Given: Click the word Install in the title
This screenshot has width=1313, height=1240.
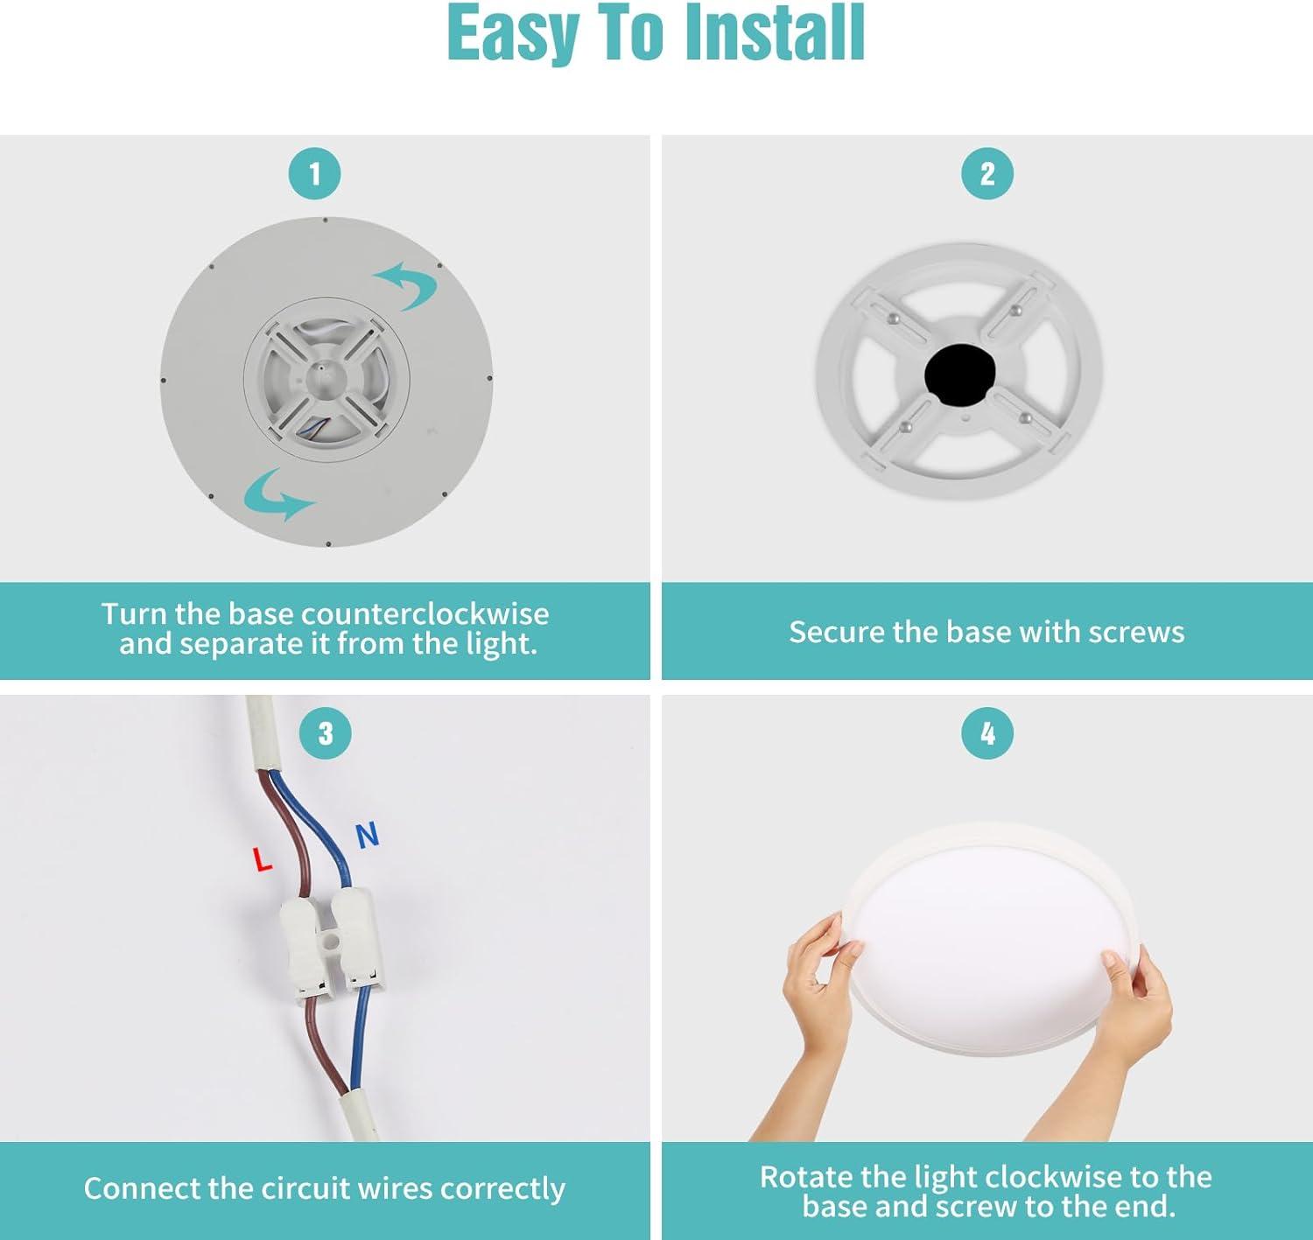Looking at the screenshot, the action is tap(775, 33).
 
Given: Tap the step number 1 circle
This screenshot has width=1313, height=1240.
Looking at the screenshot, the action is tap(315, 174).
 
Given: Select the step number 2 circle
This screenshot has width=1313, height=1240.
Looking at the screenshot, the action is tap(987, 174).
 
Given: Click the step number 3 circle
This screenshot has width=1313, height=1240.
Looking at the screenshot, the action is tap(326, 733).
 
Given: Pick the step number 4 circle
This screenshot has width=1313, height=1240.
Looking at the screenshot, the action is tap(987, 733).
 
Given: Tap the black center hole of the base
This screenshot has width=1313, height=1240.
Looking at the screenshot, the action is tap(958, 375).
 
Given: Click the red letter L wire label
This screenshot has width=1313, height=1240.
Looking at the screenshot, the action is tap(263, 860).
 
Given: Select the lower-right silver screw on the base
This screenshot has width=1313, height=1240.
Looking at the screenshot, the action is tap(1025, 417).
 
